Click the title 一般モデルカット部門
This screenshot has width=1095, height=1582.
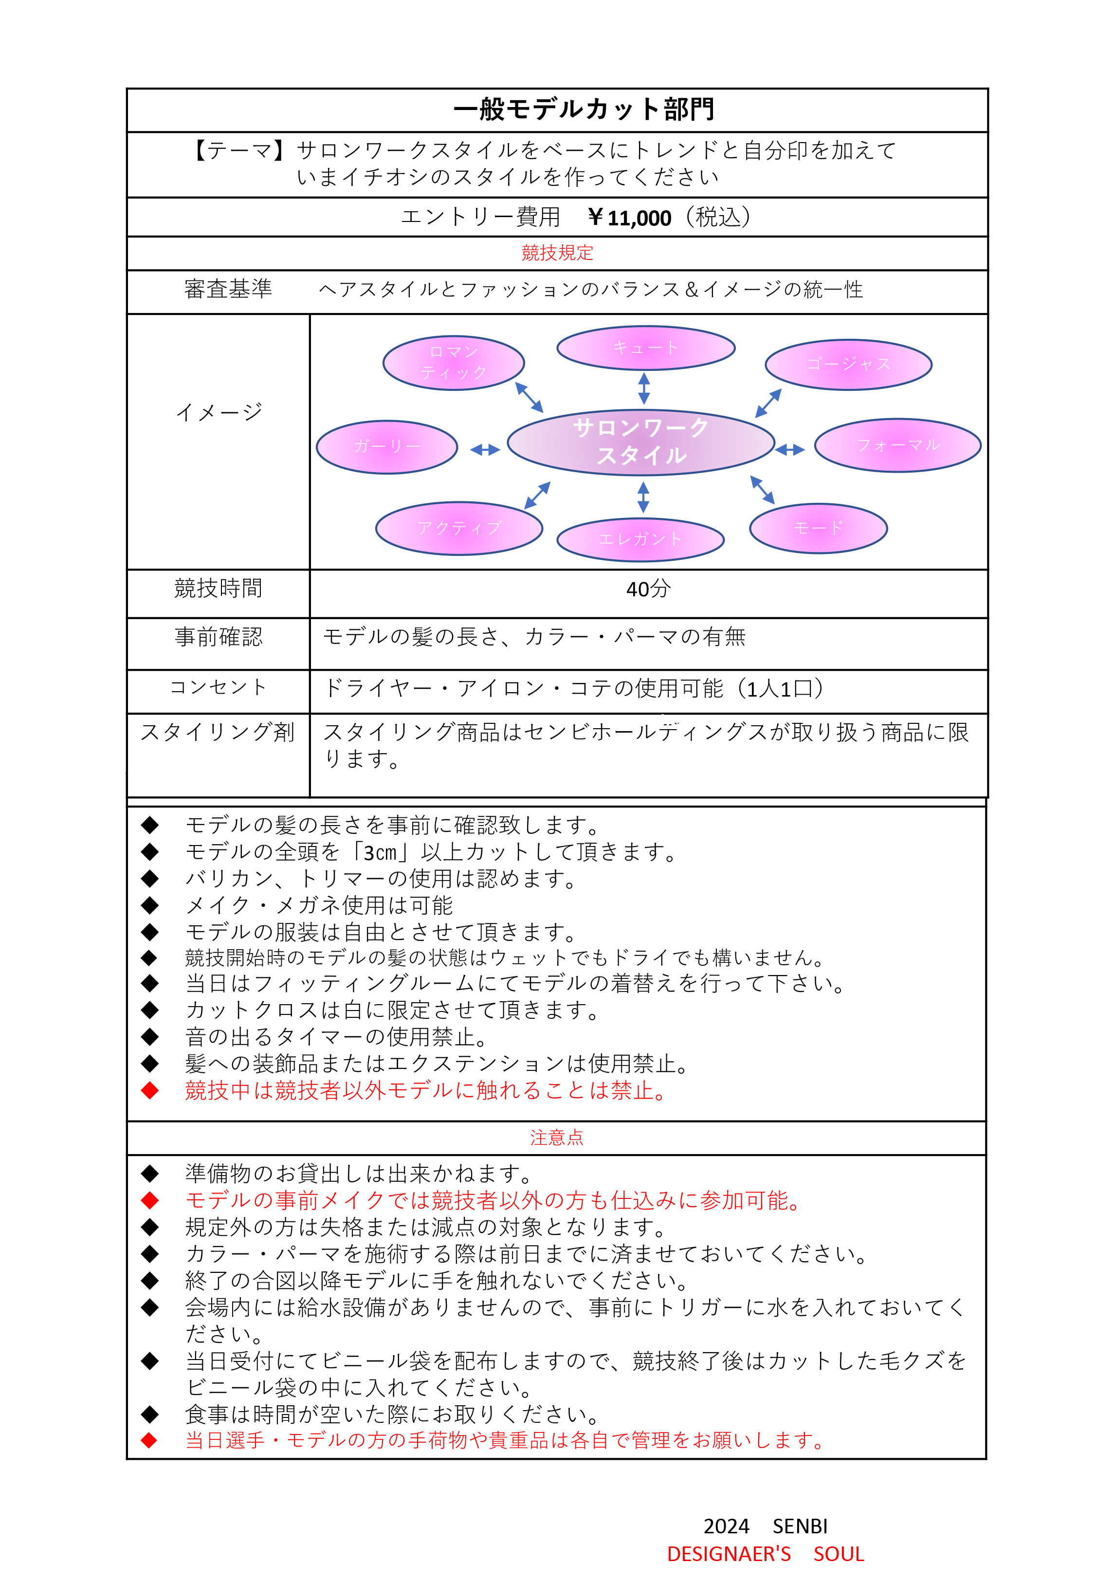click(x=584, y=110)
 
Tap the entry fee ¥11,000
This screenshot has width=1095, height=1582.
click(x=629, y=218)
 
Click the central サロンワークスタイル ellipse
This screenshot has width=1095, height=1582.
click(x=641, y=442)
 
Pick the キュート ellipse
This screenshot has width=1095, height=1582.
click(x=645, y=348)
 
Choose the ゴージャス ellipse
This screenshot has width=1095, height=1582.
click(x=848, y=364)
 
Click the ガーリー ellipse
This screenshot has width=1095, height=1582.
click(x=386, y=446)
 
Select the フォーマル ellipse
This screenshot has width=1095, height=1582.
click(x=897, y=445)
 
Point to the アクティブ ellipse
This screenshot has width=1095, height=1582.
click(x=459, y=528)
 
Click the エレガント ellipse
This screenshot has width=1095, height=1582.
click(x=640, y=539)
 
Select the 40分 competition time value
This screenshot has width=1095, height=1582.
click(x=648, y=589)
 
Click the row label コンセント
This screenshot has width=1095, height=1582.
click(x=218, y=687)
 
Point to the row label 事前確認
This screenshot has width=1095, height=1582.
click(x=218, y=637)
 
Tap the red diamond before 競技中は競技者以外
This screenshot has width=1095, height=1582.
click(x=149, y=1090)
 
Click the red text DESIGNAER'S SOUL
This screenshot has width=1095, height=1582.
click(x=765, y=1553)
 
